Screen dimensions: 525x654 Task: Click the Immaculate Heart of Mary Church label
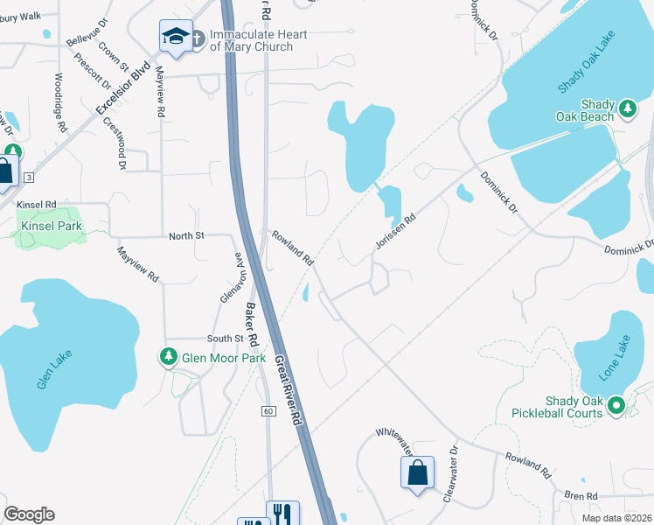[250, 40]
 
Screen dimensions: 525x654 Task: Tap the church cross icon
[198, 38]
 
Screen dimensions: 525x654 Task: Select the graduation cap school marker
[175, 37]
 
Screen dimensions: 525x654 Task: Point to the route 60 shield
[268, 410]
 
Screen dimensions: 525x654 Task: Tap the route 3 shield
[29, 177]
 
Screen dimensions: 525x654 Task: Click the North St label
[186, 235]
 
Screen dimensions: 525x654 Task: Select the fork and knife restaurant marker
[282, 514]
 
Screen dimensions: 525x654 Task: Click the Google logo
[29, 514]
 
